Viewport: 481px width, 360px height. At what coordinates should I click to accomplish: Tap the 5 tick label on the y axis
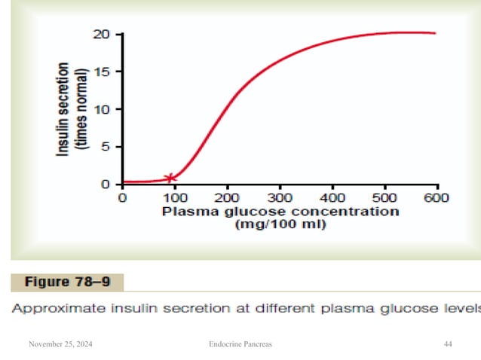[106, 147]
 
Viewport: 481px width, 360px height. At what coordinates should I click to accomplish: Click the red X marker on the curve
[170, 178]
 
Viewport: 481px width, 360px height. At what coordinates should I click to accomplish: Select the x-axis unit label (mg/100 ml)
[280, 224]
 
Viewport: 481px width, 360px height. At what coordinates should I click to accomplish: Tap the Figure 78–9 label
[66, 283]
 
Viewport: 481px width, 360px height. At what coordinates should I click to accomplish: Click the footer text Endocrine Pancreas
[240, 344]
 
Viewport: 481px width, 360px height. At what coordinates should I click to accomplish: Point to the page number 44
[448, 344]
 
